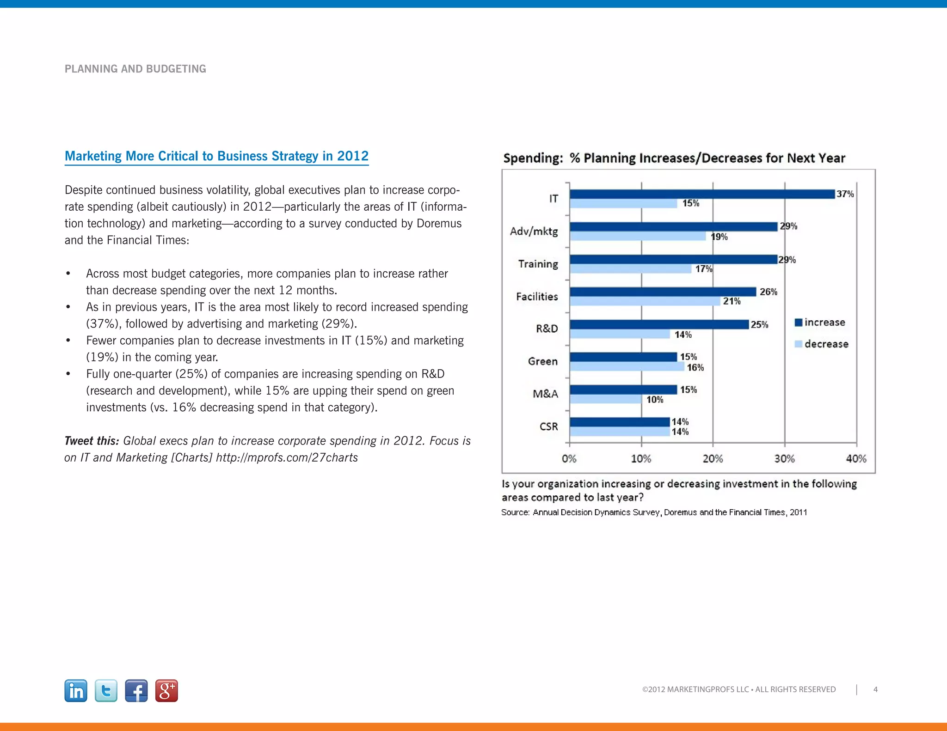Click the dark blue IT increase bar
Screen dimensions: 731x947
[702, 194]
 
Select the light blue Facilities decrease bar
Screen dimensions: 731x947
[645, 301]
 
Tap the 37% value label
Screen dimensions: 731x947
[845, 194]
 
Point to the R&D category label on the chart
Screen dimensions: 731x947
[547, 329]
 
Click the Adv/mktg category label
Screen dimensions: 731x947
[534, 231]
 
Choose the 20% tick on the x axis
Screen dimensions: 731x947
[713, 459]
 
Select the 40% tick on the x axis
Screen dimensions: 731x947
[856, 459]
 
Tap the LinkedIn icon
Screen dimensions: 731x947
[76, 691]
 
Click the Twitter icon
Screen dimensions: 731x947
[106, 691]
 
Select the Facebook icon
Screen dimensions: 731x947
[136, 691]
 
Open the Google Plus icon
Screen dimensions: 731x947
[166, 691]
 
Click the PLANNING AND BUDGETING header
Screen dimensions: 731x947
[135, 69]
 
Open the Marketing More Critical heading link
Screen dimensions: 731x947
[216, 156]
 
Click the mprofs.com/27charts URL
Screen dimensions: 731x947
[287, 457]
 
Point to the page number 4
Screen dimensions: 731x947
[875, 689]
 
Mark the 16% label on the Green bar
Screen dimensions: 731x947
[695, 367]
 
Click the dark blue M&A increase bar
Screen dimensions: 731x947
[623, 390]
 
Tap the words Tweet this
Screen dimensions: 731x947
[92, 441]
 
